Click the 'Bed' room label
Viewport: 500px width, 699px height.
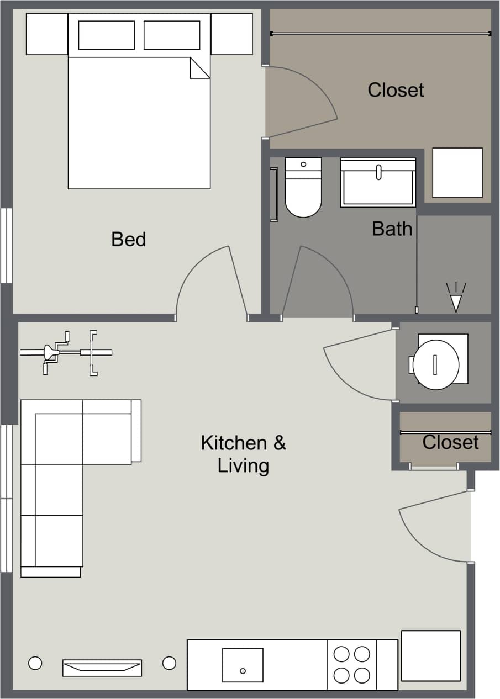[128, 239]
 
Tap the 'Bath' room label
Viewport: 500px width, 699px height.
[392, 228]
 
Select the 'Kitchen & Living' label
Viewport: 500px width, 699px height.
[243, 454]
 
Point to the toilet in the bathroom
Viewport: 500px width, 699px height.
[303, 188]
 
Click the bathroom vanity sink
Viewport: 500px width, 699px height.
[378, 183]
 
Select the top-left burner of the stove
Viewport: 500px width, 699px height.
[342, 654]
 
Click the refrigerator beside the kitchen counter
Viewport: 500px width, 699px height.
[430, 655]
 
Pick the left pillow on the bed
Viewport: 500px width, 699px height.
[107, 35]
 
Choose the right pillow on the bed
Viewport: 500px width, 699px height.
[172, 35]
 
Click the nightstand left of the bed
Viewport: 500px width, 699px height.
[47, 34]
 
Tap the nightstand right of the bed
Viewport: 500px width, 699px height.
[231, 34]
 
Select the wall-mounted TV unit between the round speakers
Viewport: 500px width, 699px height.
[102, 668]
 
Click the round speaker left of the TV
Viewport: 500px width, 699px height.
[35, 663]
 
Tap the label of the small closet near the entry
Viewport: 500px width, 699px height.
[450, 442]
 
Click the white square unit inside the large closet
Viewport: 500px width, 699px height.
[457, 173]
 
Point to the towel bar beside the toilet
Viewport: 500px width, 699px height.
[273, 194]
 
